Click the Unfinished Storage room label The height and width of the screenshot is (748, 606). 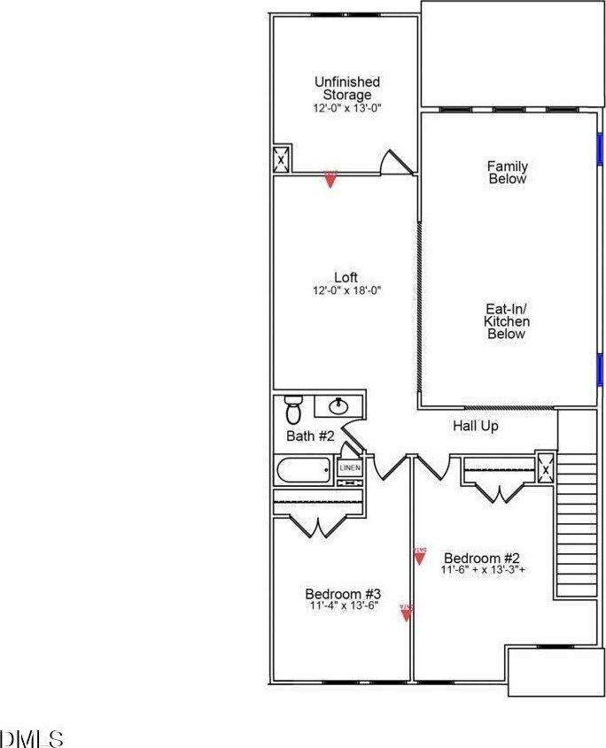(346, 89)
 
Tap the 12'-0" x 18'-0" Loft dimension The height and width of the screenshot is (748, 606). (346, 290)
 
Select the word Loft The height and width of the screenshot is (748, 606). (346, 278)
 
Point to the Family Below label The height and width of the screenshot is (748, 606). (507, 173)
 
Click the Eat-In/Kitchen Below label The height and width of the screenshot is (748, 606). (506, 321)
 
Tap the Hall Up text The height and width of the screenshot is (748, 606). (476, 427)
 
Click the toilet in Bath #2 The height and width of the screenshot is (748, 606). (293, 410)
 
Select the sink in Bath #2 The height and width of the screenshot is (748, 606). (338, 406)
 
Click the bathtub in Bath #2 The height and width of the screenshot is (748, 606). (303, 470)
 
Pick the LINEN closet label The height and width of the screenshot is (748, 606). (350, 467)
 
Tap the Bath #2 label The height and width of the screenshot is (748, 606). (310, 436)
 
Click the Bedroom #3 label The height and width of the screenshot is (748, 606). (343, 594)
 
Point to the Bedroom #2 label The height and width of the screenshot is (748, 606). (481, 559)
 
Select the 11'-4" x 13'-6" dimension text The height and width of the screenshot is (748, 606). (343, 607)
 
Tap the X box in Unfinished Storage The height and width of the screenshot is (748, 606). (282, 160)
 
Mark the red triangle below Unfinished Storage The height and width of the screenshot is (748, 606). (330, 179)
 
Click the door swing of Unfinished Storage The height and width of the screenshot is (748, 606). (393, 162)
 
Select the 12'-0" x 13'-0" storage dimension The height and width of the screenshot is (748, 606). (346, 108)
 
